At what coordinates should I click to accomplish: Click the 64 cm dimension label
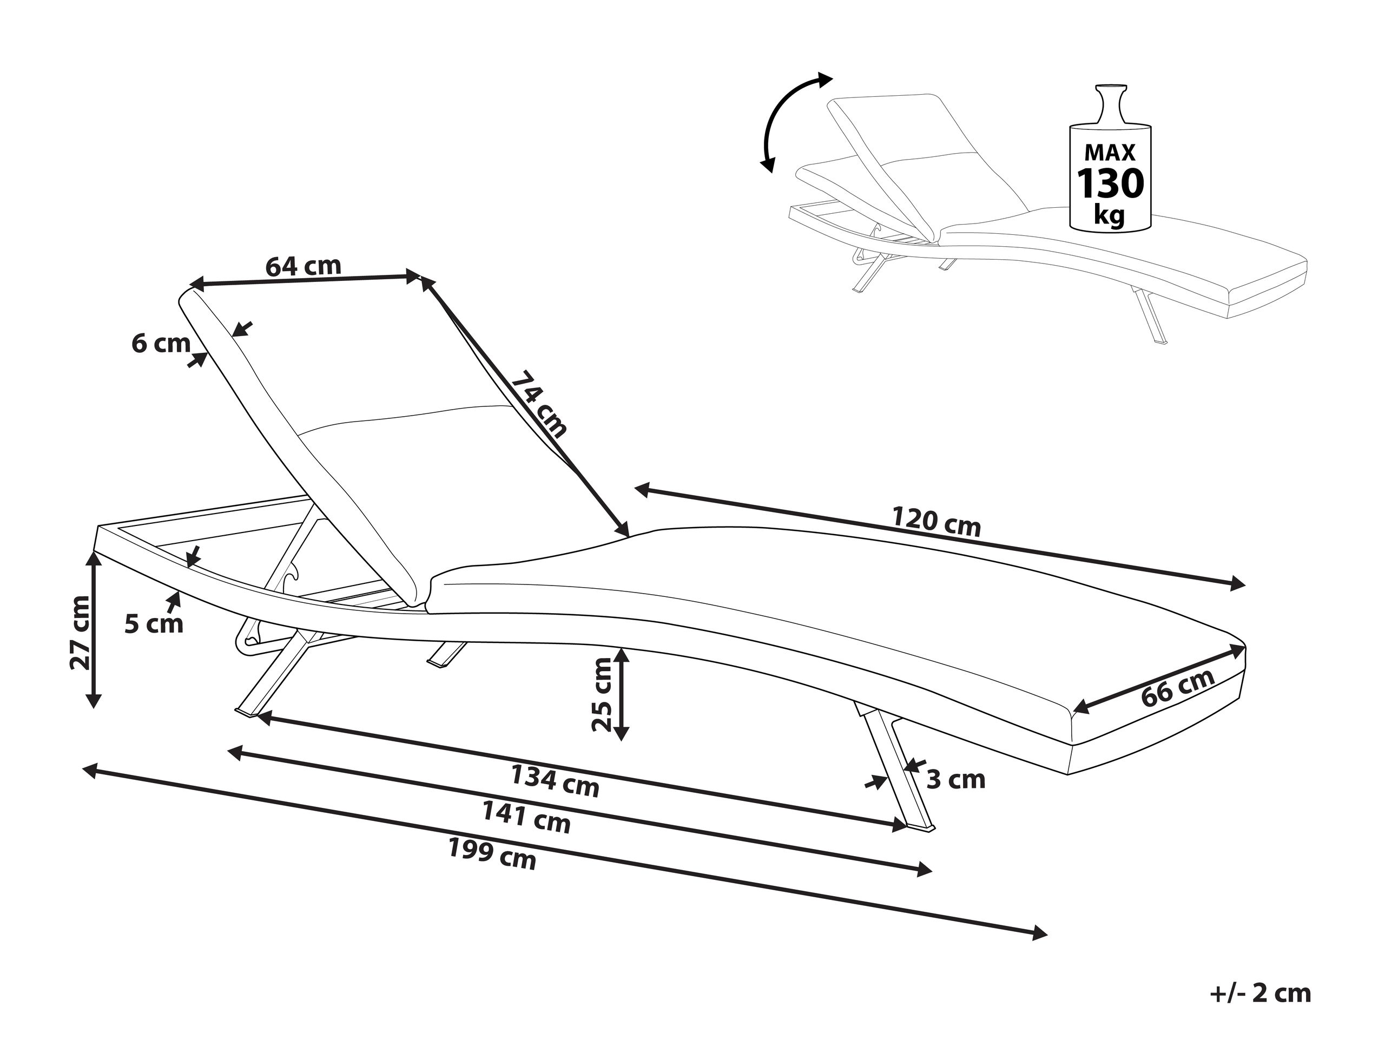coord(303,266)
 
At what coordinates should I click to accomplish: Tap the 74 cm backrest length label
coord(539,405)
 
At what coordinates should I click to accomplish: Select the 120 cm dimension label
coord(936,522)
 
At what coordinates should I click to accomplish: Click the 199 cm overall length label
coord(492,854)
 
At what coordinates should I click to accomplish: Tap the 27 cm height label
coord(81,633)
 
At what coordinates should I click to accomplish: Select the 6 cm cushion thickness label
coord(161,343)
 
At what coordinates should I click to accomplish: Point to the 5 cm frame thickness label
coord(154,624)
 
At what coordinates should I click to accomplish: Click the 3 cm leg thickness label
coord(955,780)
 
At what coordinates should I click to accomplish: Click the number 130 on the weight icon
coord(1110,183)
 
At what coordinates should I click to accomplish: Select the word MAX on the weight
coord(1110,152)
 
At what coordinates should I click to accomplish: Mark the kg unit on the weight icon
coord(1110,215)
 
